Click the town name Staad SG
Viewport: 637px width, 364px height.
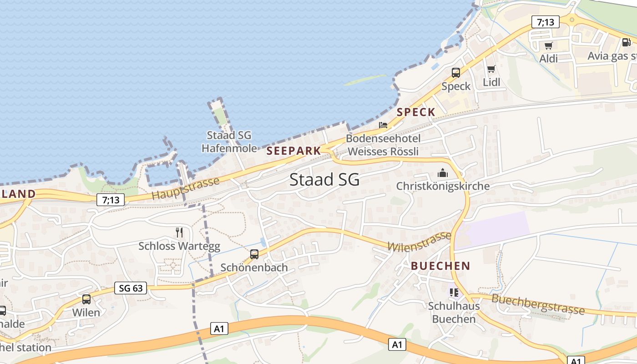click(324, 180)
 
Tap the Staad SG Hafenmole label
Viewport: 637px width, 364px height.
click(229, 142)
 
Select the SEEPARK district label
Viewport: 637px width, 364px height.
click(293, 151)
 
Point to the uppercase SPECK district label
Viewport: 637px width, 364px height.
click(416, 112)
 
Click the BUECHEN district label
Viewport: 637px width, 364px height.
click(440, 266)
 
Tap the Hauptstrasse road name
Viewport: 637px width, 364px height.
click(185, 188)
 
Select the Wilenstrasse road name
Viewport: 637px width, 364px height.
click(419, 242)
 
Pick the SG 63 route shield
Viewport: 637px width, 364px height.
click(131, 288)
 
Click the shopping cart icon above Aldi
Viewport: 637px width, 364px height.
click(548, 45)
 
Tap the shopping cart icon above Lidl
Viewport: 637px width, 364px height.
click(491, 69)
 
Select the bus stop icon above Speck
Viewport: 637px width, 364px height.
click(455, 73)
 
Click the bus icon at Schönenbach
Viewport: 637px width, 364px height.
click(254, 254)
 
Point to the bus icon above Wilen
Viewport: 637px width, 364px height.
click(86, 299)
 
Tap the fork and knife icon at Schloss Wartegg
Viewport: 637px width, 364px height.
click(179, 233)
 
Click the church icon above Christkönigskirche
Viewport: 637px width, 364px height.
click(442, 173)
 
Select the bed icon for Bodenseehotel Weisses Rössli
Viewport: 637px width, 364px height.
click(383, 125)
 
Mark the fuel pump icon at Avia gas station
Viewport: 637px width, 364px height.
click(626, 42)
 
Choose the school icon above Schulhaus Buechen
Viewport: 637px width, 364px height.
click(454, 292)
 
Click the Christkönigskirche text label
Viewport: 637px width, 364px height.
click(443, 186)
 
